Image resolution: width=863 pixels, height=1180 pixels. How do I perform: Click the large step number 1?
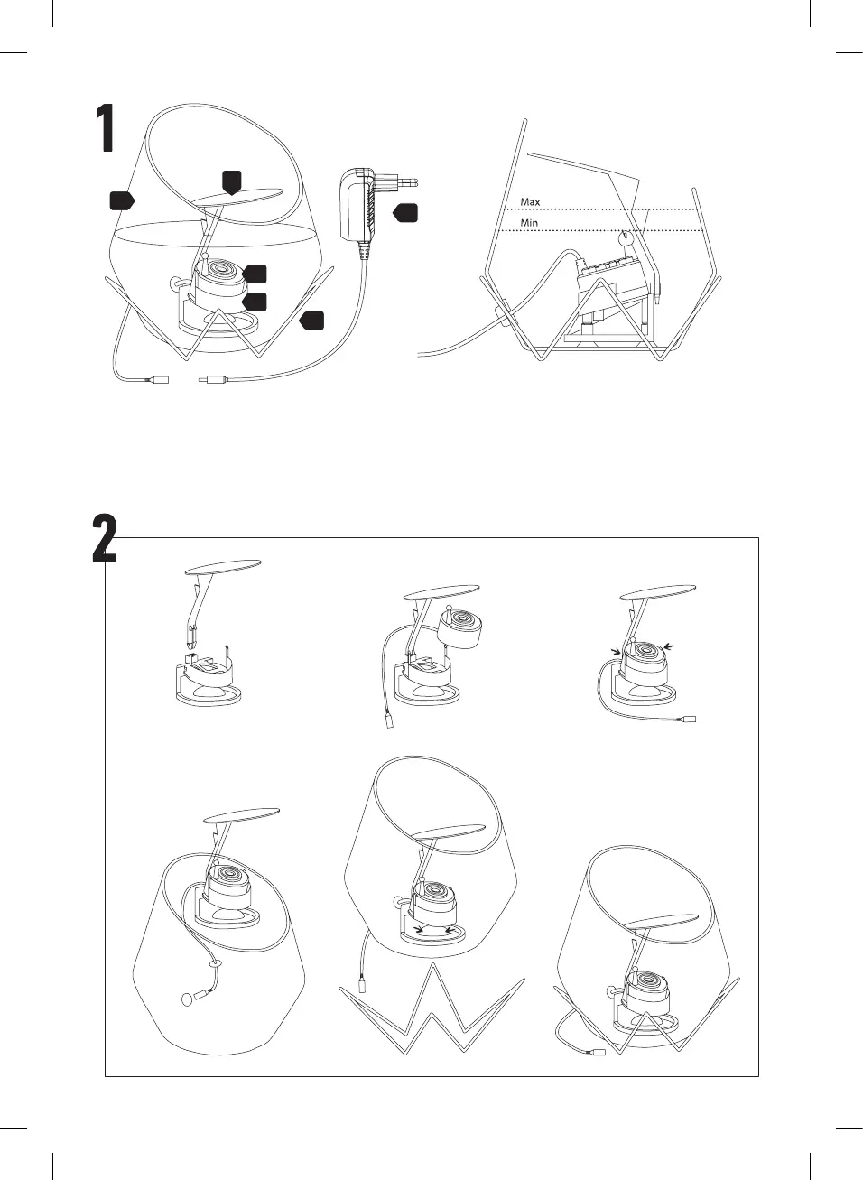click(x=107, y=128)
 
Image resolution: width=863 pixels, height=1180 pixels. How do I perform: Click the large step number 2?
click(x=105, y=538)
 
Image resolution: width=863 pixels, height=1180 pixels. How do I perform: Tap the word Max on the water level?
click(x=530, y=201)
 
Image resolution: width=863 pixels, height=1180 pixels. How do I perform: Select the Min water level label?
click(x=529, y=223)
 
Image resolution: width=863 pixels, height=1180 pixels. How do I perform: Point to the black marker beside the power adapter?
click(x=405, y=213)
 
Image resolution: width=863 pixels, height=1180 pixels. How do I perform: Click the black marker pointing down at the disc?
click(x=231, y=182)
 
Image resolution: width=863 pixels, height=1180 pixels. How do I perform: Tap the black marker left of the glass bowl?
click(x=122, y=200)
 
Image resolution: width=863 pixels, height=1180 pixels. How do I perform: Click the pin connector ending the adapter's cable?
click(x=210, y=378)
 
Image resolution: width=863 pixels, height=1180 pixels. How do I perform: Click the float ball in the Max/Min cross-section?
click(x=626, y=239)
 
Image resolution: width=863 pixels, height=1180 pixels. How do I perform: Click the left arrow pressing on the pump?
click(x=615, y=652)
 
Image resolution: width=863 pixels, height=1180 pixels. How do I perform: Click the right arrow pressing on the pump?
click(x=668, y=646)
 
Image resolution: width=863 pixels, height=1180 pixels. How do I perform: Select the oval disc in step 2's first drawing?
click(x=223, y=566)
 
